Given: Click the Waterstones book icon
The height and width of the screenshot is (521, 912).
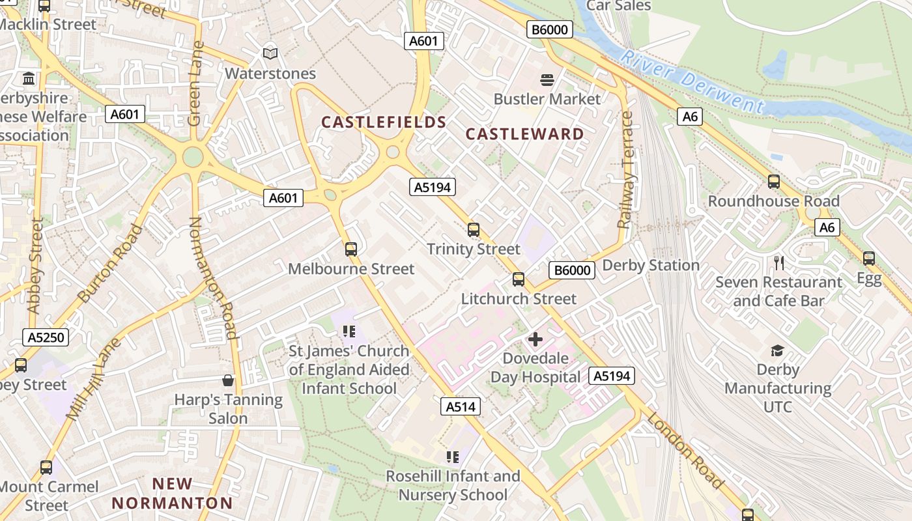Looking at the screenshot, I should (270, 53).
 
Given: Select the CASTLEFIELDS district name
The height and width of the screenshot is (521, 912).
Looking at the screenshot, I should (384, 122).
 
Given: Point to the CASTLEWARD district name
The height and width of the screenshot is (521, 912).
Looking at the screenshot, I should (525, 134).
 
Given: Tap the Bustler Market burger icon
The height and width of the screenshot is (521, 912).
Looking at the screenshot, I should (547, 80).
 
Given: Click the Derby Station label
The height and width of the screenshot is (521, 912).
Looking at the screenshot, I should (651, 265).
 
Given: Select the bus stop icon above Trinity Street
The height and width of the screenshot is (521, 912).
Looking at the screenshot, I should (474, 230).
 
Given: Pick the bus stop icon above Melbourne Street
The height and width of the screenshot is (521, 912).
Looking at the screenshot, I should (351, 249).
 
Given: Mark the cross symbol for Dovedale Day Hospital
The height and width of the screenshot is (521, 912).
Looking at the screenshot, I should (535, 339).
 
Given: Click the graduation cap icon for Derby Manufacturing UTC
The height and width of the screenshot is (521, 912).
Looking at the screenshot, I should (777, 351).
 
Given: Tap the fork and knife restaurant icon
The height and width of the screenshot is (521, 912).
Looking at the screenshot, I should (778, 262).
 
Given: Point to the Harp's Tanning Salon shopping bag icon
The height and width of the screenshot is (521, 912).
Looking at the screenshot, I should (228, 380).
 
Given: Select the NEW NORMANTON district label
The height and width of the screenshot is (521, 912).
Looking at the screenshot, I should (172, 493).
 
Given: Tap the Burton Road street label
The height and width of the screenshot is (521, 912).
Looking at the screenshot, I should (110, 263).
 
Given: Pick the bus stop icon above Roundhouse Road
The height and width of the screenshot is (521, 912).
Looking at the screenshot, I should (774, 182).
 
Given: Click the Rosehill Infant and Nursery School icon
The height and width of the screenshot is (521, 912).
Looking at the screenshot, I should (453, 457).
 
